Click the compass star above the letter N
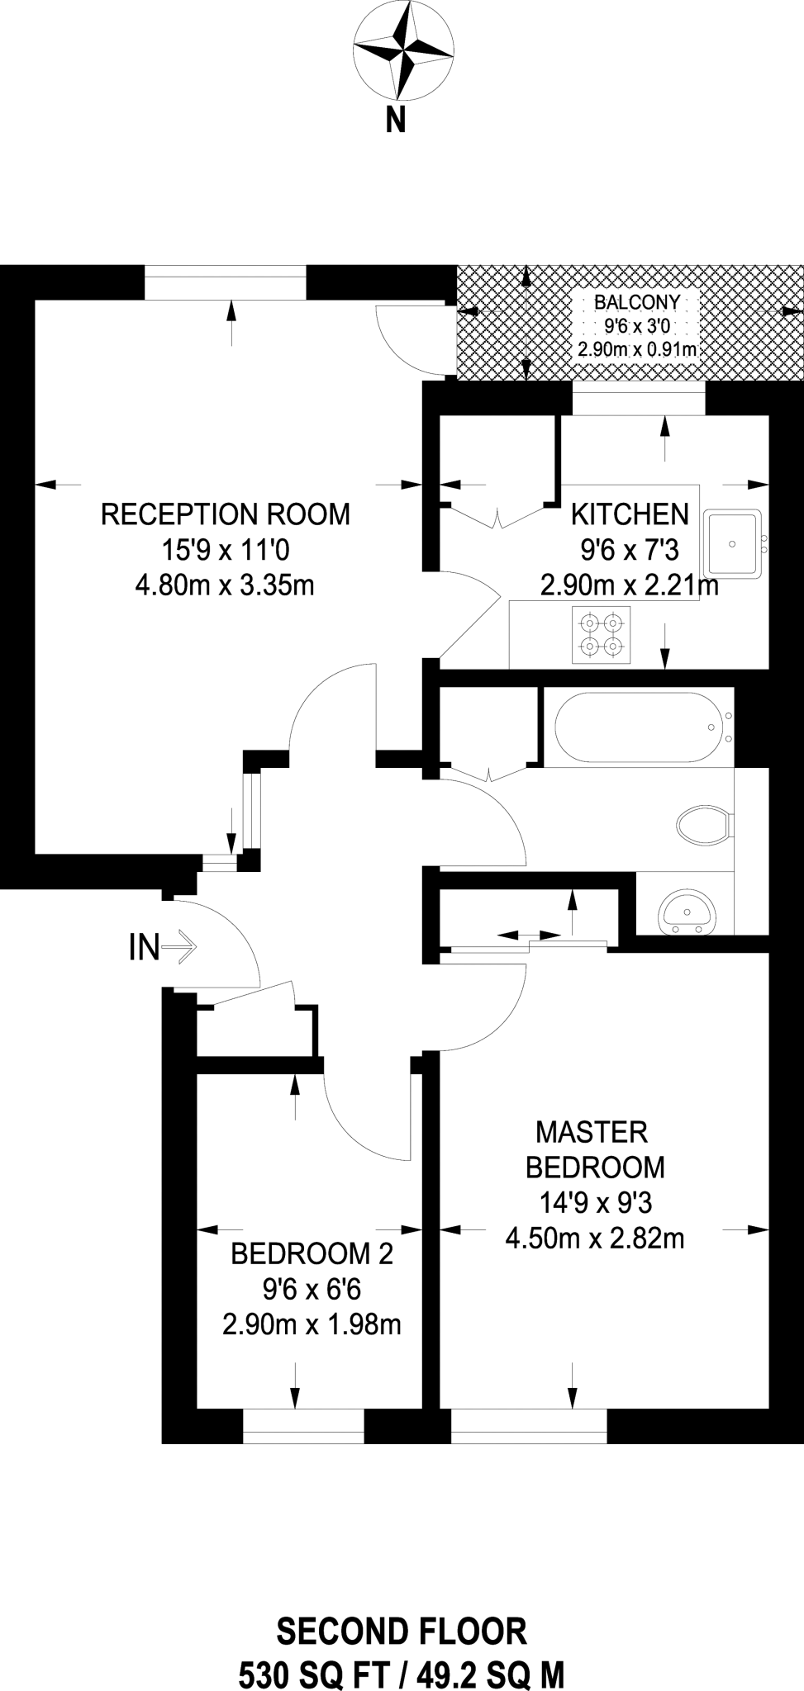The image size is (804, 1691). point(404,50)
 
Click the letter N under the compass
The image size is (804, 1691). point(397,121)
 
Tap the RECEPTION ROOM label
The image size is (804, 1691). point(225,514)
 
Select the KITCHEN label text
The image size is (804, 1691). point(630,514)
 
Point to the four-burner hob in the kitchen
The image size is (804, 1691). point(602,635)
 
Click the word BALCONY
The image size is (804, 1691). point(637,302)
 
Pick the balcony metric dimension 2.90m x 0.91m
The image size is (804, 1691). point(637,349)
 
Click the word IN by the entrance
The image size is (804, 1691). point(144,947)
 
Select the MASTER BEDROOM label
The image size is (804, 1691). point(594,1149)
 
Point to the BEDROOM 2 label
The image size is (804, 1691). point(312,1254)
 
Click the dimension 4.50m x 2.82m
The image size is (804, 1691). point(594,1239)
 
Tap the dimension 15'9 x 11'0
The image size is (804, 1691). point(225,551)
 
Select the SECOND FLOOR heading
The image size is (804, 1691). point(402,1632)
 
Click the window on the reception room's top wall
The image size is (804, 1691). point(225,282)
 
